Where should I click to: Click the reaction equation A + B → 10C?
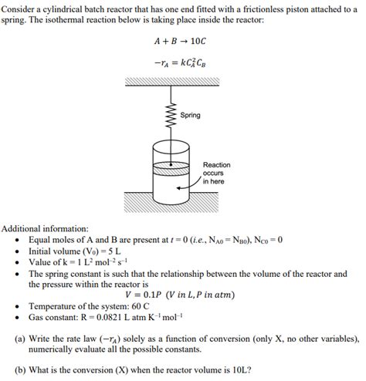182,41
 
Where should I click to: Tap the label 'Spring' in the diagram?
190,115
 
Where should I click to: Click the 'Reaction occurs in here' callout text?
216,173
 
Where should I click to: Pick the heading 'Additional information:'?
46,229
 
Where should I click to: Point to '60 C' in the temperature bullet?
147,305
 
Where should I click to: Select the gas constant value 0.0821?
132,316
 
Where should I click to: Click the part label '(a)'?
21,338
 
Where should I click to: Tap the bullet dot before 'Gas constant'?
17,316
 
